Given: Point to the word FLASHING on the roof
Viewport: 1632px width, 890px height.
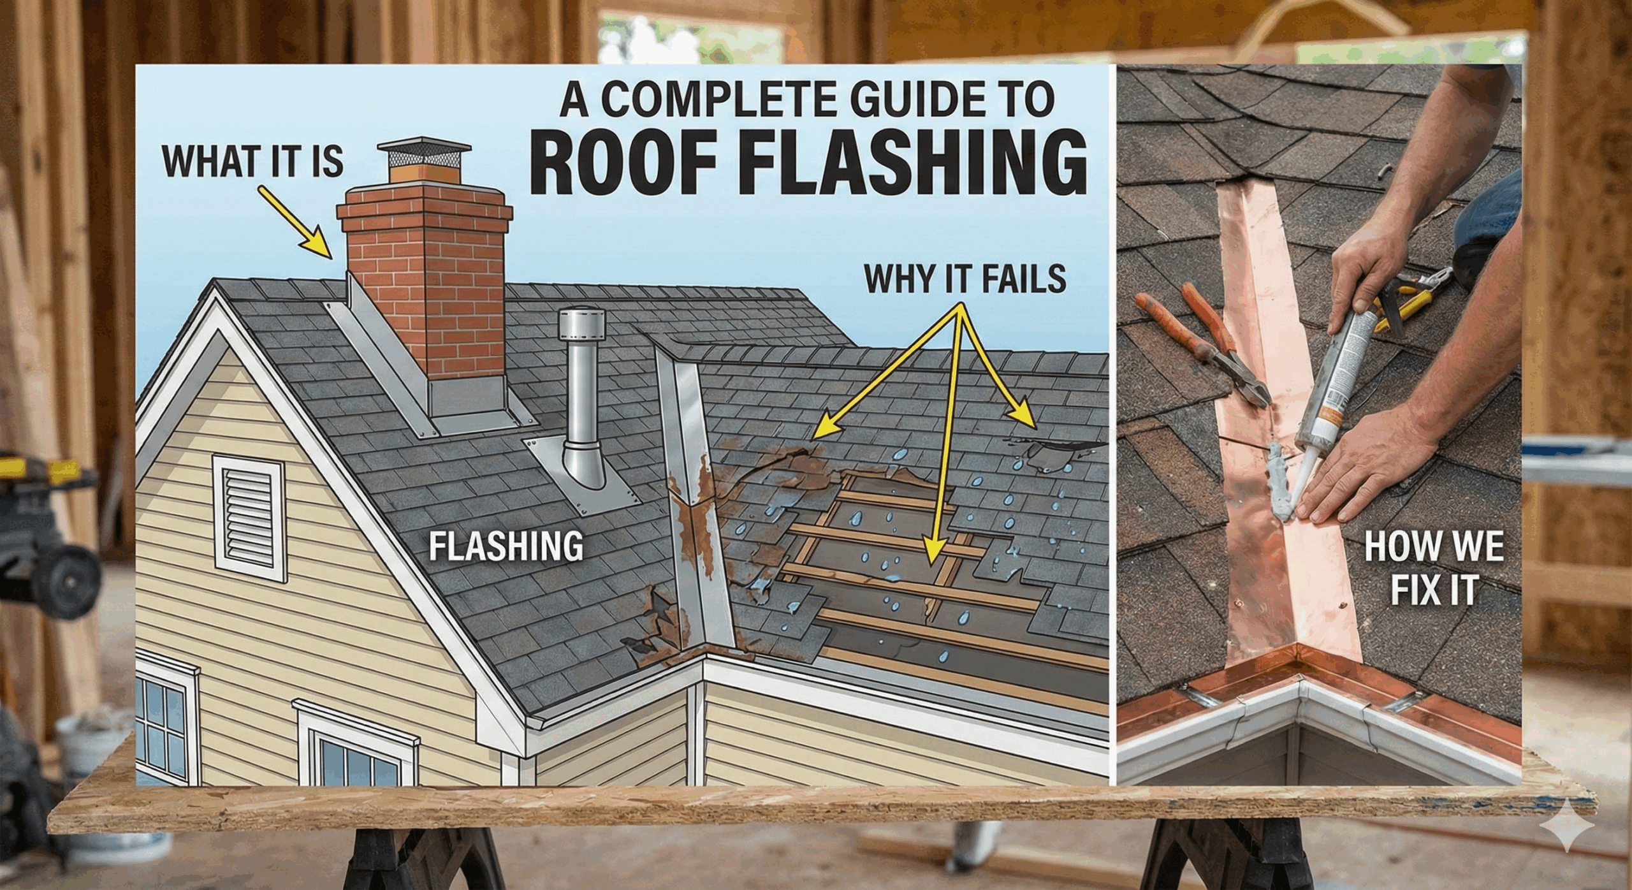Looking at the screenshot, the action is coord(506,546).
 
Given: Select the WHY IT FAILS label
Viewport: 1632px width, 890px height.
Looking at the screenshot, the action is coord(965,279).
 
